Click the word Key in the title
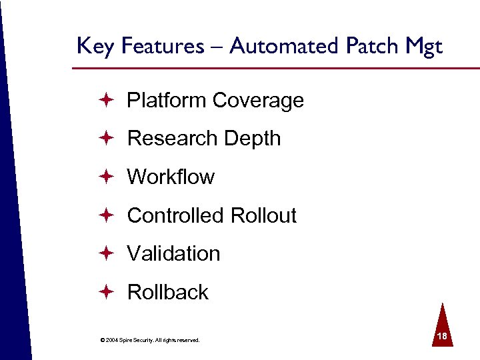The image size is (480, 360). (92, 47)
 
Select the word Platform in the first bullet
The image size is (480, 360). (167, 101)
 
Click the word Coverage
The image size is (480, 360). (258, 101)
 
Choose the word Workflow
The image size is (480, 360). (171, 177)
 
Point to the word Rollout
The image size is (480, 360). (263, 215)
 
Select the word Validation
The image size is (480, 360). (173, 253)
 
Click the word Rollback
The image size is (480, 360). (167, 292)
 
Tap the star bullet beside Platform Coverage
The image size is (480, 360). (106, 100)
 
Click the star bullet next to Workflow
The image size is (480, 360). (106, 177)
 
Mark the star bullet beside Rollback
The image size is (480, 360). (106, 291)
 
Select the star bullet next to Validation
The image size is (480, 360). (106, 253)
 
